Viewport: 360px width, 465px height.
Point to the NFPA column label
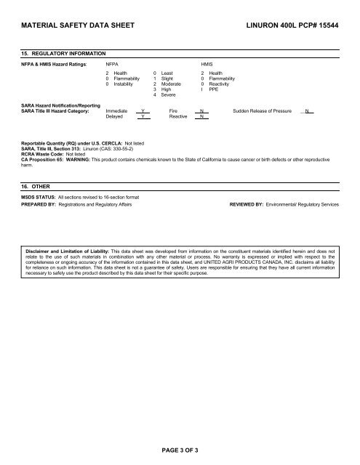point(113,64)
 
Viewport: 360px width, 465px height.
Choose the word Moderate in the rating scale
point(172,84)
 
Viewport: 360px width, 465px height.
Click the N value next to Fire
point(201,110)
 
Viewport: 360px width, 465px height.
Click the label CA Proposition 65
point(42,158)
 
